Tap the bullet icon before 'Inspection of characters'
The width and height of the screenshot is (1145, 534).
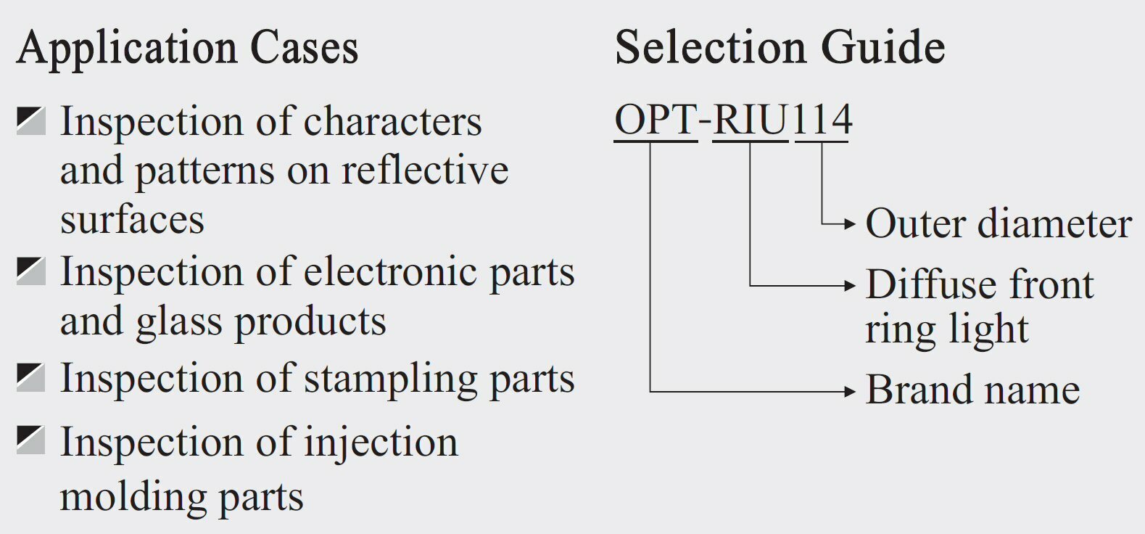click(x=30, y=121)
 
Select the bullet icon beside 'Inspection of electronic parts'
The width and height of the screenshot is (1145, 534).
click(x=30, y=271)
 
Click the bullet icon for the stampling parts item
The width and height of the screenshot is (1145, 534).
click(x=30, y=378)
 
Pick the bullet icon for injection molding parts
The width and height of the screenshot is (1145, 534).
click(x=30, y=441)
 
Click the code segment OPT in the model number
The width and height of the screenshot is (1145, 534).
click(x=656, y=120)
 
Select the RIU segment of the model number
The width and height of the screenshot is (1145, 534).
click(x=751, y=120)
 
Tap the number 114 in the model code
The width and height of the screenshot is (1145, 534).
click(x=822, y=120)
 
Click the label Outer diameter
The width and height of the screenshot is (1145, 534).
click(x=999, y=223)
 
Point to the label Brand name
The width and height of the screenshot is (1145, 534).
click(x=972, y=390)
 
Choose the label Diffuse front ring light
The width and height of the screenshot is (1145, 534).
click(x=979, y=305)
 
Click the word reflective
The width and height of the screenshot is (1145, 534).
click(x=424, y=171)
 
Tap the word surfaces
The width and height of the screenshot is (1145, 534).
click(x=132, y=219)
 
